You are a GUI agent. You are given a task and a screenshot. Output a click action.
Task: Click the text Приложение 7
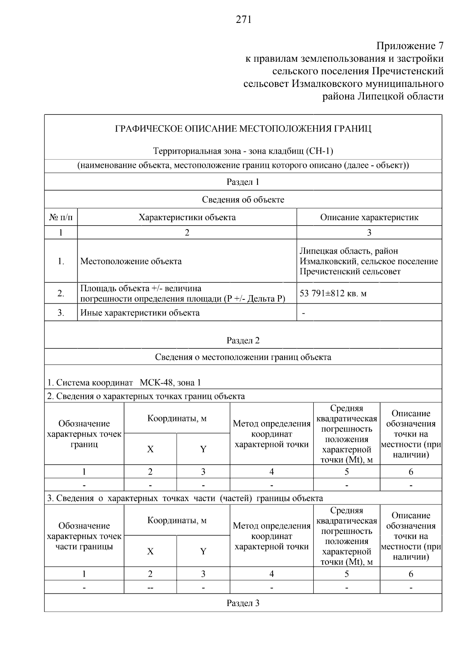point(410,46)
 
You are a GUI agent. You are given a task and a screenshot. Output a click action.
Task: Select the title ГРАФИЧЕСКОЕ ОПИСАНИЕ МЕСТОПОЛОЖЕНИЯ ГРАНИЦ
point(243,129)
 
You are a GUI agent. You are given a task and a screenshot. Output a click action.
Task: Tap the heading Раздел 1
point(243,182)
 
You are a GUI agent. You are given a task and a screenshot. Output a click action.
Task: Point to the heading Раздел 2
point(243,341)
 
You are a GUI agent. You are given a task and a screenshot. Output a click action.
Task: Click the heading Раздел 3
point(243,603)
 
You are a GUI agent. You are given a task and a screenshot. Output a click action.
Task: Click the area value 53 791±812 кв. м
point(333,293)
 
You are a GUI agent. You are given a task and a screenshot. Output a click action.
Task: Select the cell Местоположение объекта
point(131,261)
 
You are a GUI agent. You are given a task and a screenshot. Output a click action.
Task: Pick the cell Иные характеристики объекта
point(140,313)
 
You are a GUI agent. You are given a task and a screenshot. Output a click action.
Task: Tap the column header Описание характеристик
point(369,217)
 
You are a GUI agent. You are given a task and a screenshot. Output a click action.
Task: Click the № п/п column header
point(61,217)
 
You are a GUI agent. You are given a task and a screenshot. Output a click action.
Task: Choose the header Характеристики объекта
point(187,217)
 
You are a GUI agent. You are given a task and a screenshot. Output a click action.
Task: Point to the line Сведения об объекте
point(243,200)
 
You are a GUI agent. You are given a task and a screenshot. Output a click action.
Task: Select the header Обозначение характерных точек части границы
point(84,536)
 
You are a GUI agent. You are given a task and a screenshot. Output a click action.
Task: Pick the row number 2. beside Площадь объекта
point(61,294)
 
